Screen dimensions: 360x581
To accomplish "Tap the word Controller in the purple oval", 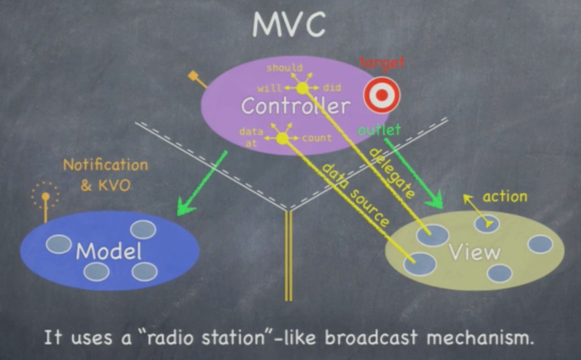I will click(x=295, y=106).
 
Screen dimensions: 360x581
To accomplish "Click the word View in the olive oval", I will click(x=474, y=252).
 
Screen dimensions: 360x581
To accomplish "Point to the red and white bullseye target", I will click(x=382, y=95).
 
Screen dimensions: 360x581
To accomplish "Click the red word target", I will click(x=382, y=64).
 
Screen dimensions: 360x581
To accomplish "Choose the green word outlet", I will click(x=379, y=130).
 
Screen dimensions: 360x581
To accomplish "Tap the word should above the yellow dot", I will click(x=284, y=68).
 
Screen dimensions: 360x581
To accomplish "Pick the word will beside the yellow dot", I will click(x=269, y=88).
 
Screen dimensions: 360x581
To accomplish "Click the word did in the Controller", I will click(x=331, y=88).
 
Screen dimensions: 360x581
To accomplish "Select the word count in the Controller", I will click(x=317, y=138).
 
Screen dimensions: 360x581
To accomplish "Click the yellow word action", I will click(x=505, y=197).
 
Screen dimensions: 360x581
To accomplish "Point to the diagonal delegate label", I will click(x=391, y=173).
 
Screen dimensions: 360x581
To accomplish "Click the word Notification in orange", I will click(x=105, y=165).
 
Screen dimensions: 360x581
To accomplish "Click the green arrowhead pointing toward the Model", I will click(x=185, y=208).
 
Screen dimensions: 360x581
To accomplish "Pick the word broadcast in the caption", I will click(x=371, y=338).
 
